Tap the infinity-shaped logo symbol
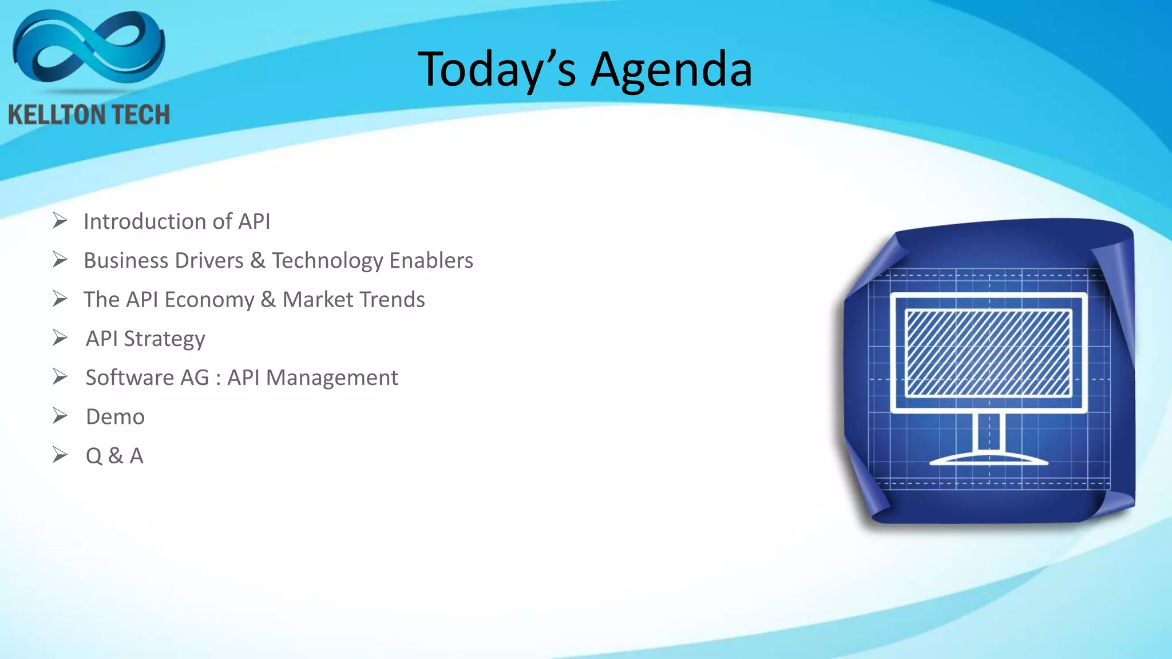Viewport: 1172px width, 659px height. pyautogui.click(x=89, y=48)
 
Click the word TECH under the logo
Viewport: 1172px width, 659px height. pyautogui.click(x=141, y=115)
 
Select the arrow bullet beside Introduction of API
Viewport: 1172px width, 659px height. pyautogui.click(x=60, y=220)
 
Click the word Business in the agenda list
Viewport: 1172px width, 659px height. pyautogui.click(x=124, y=261)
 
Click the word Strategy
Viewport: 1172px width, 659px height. pyautogui.click(x=164, y=339)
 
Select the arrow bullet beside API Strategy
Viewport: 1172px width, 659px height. pyautogui.click(x=60, y=338)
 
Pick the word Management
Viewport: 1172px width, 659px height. pyautogui.click(x=332, y=378)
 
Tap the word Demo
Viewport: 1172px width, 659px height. pyautogui.click(x=115, y=417)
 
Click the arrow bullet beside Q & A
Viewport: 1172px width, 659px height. pyautogui.click(x=60, y=455)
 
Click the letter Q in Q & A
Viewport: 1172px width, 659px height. pyautogui.click(x=94, y=456)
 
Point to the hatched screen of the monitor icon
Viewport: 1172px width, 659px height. pyautogui.click(x=988, y=353)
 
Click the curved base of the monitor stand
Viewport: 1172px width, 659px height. pyautogui.click(x=988, y=459)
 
